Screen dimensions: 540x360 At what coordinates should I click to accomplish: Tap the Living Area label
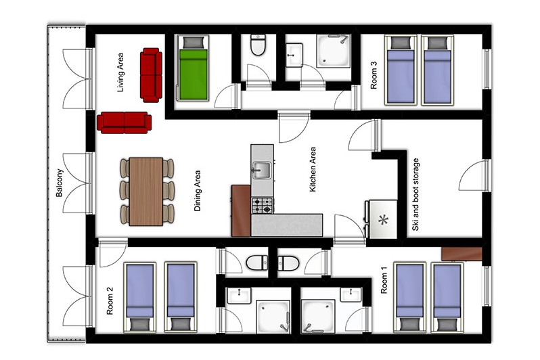coord(120,72)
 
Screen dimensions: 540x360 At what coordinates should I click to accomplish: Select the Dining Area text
coord(198,191)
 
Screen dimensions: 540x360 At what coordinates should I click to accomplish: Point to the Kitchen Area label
coord(313,169)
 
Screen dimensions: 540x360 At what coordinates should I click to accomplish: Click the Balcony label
coord(60,183)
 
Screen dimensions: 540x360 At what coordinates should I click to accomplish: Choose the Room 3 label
coord(374,75)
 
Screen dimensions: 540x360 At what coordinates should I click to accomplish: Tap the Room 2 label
coord(110,300)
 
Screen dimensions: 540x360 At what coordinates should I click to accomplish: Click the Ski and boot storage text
coord(415,195)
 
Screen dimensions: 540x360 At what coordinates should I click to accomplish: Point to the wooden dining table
coord(146,192)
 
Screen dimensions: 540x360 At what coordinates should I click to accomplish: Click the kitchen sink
coord(262,170)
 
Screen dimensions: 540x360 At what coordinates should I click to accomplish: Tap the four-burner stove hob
coord(263,205)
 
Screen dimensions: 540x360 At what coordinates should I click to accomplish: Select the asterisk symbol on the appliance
coord(383,220)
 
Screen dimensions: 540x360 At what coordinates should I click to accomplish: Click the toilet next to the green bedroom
coord(258,45)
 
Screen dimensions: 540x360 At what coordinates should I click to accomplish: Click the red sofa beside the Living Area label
coord(151,75)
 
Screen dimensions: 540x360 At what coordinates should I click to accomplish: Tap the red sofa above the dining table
coord(124,122)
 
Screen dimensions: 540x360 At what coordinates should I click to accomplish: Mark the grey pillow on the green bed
coord(193,43)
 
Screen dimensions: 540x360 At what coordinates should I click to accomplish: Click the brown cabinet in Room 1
coord(462,254)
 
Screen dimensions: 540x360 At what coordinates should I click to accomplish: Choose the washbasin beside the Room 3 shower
coord(294,55)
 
